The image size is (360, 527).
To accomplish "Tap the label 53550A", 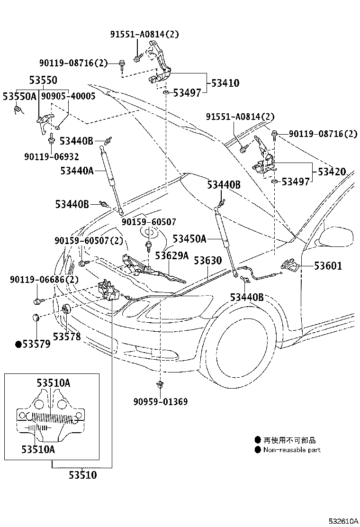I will [19, 96].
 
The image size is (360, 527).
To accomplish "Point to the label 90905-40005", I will [68, 96].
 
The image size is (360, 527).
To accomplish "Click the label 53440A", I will [77, 171].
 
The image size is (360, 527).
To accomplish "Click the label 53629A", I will [171, 256].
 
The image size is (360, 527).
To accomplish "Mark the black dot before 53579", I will [18, 345].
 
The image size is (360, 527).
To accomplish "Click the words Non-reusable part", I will [292, 450].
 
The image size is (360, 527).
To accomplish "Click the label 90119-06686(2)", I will [44, 280].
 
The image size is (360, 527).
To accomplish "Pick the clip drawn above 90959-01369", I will [161, 385].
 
